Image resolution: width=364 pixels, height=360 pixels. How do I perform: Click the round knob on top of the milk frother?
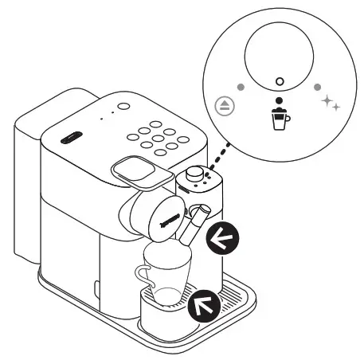tap(196, 175)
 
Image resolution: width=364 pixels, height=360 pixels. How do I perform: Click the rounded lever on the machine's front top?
tap(133, 166)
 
